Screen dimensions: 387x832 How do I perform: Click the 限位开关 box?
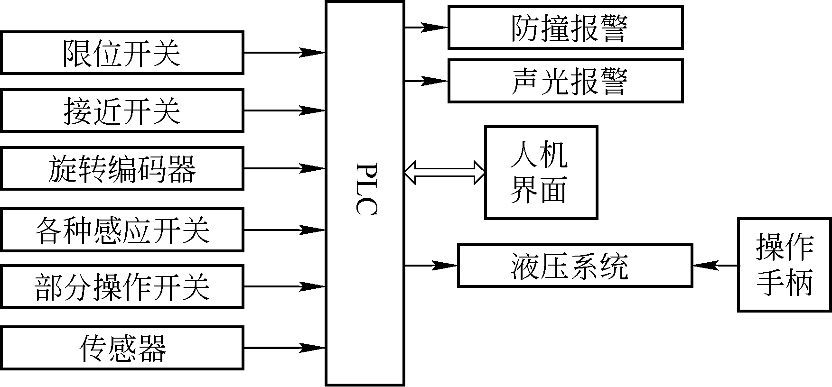coord(122,53)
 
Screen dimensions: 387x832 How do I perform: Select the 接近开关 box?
coord(122,111)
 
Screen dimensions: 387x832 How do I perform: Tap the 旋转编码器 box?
coord(122,168)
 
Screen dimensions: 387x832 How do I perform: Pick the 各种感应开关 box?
coord(122,230)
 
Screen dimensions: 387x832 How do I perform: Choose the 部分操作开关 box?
coord(122,286)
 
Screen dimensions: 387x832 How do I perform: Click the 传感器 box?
coord(122,348)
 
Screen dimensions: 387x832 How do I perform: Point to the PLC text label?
coord(365,190)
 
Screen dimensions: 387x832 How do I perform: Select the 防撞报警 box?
coord(565,28)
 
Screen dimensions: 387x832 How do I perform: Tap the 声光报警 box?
coord(565,81)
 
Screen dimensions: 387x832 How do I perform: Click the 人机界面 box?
coord(541,172)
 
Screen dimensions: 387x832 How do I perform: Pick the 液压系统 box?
coord(575,266)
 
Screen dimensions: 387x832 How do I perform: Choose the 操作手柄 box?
coord(784,265)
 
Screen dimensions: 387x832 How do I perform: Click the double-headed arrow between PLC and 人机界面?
coord(445,172)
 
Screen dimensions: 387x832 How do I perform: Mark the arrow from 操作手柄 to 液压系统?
coord(715,266)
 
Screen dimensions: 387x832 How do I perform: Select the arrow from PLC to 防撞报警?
coord(426,28)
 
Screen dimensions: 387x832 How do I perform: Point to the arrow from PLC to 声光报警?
coord(426,81)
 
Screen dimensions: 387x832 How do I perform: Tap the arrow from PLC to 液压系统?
coord(430,266)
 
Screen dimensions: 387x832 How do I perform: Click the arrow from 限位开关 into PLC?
coord(284,52)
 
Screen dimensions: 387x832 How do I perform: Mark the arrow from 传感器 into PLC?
coord(284,348)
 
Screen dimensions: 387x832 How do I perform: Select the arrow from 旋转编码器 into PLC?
coord(284,168)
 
